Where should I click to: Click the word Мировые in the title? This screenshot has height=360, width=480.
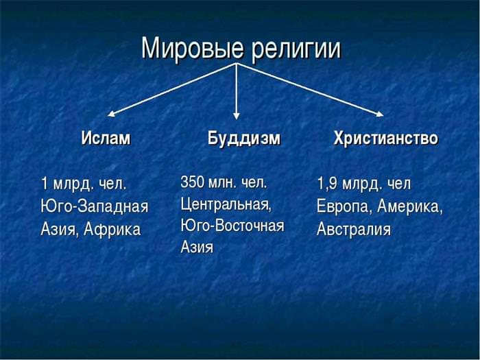point(193,49)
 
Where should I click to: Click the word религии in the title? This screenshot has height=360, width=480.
point(296,49)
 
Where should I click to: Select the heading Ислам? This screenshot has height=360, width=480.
point(106,138)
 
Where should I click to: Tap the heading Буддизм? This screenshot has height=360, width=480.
point(244,139)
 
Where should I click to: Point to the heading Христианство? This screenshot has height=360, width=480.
point(385,138)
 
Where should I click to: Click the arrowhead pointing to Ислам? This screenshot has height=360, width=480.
point(111,114)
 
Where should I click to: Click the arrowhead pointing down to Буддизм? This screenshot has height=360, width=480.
point(236,116)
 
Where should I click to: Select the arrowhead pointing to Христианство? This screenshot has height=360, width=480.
point(380,115)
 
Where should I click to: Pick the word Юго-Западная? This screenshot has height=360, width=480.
point(95,206)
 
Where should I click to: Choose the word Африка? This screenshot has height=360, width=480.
point(112,229)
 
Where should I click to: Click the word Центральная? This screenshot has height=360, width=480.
point(226,204)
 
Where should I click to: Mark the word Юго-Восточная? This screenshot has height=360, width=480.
point(232,226)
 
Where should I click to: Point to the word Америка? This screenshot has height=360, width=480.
point(410,206)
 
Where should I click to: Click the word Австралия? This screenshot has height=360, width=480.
point(354,229)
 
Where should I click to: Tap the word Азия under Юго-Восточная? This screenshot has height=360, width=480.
point(197,247)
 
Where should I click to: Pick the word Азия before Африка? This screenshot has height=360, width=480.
point(60,230)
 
